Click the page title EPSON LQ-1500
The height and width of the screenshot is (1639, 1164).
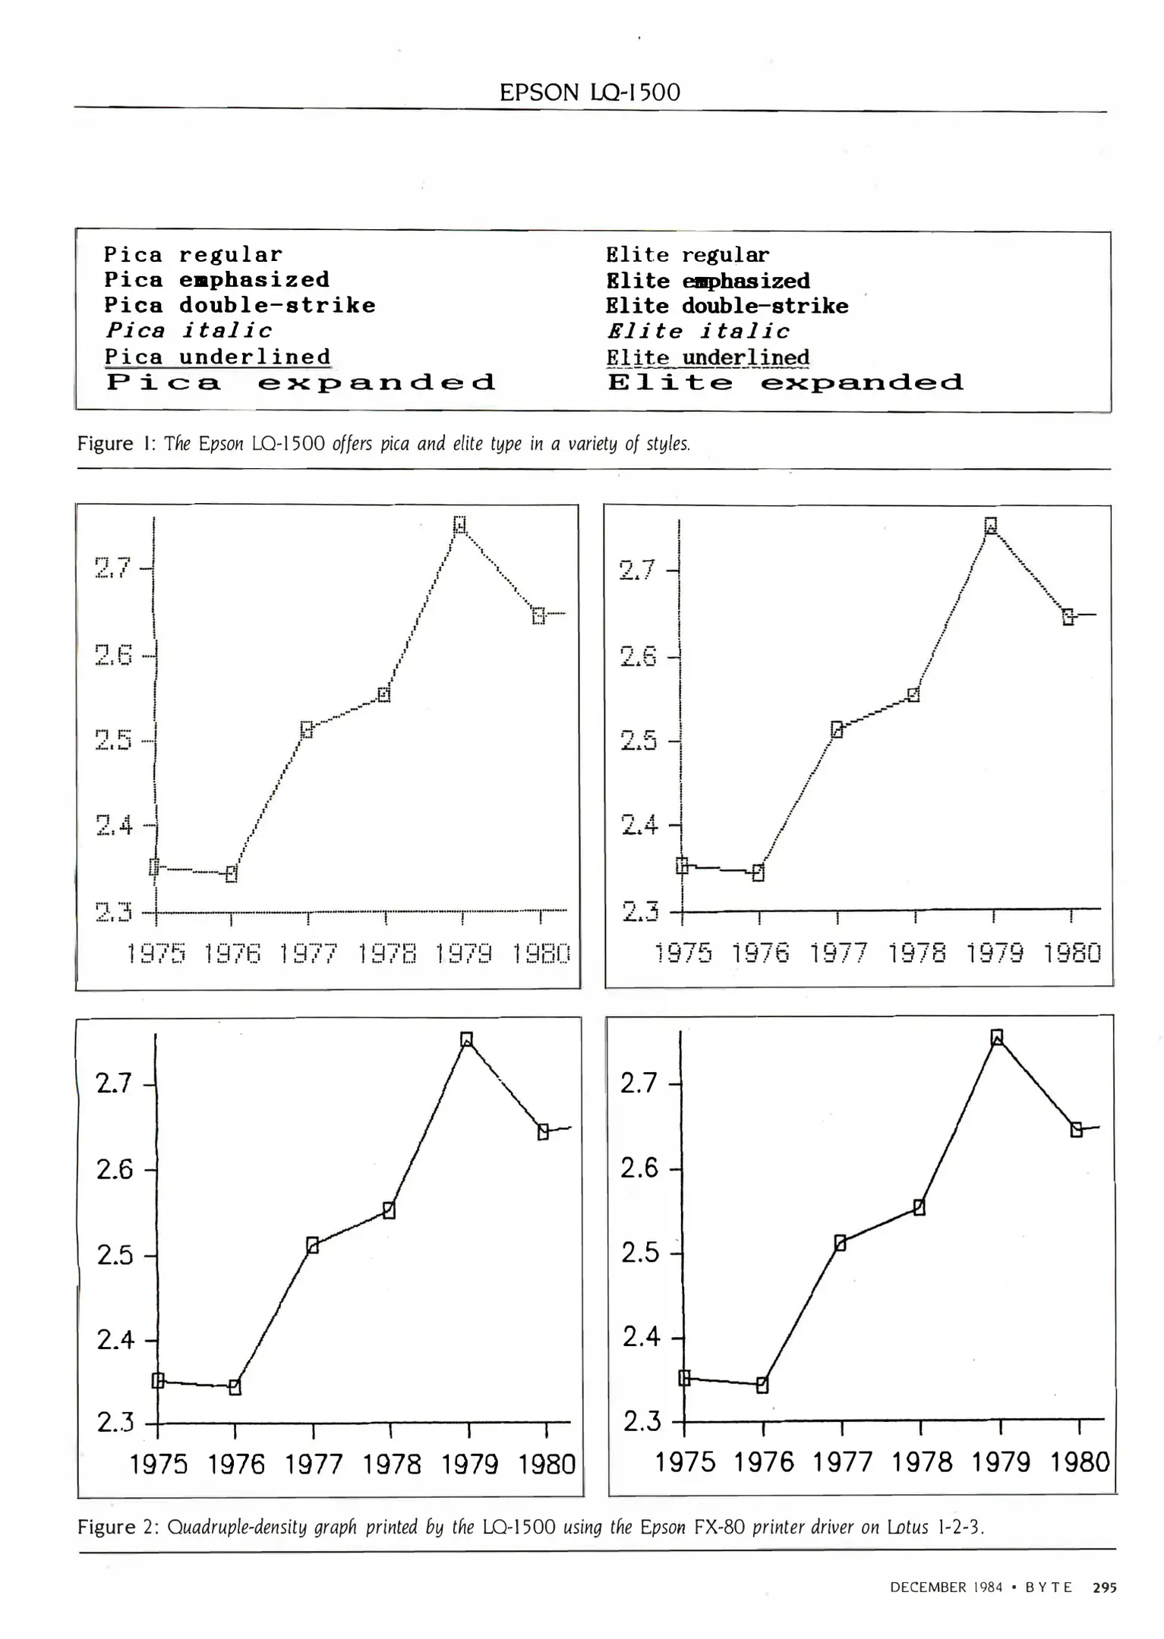tap(589, 93)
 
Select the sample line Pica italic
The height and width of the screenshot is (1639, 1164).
tap(188, 331)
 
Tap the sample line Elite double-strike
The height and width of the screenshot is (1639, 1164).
tap(727, 306)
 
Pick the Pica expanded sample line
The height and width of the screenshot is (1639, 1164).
tap(301, 382)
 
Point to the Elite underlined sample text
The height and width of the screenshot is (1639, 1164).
tap(708, 357)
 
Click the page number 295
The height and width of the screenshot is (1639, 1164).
tap(1105, 1587)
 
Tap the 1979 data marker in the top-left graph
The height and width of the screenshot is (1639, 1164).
tap(459, 524)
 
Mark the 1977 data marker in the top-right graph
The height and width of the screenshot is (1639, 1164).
tap(837, 730)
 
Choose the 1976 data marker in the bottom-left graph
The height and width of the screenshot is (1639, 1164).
tap(235, 1387)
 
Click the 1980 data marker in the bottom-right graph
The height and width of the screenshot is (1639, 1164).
tap(1076, 1130)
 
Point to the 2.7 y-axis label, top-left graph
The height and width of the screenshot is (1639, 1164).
tap(113, 567)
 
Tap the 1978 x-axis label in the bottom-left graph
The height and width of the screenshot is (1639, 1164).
tap(392, 1464)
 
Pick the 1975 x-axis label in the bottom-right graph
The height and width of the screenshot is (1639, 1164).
tap(685, 1462)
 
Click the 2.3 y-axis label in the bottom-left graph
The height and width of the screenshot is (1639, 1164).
tap(115, 1422)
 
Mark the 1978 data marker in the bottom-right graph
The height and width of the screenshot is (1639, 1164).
tap(919, 1207)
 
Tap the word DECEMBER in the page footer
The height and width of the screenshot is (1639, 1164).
tap(928, 1587)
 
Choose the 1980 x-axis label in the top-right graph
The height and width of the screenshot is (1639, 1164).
tap(1071, 953)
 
